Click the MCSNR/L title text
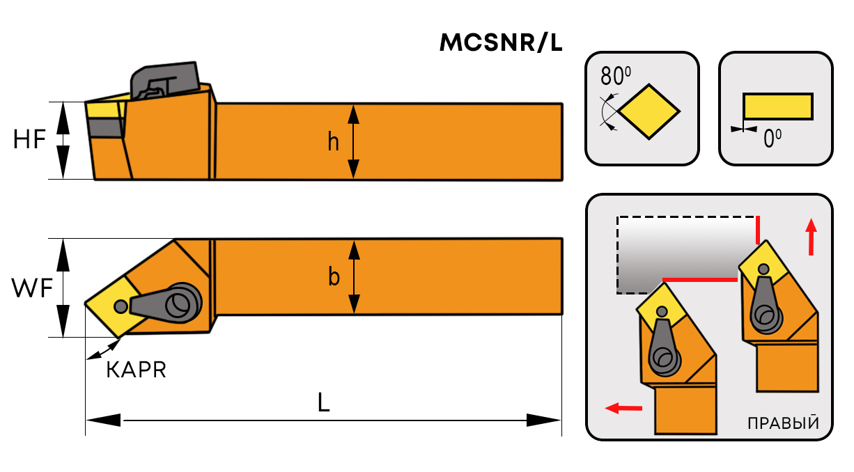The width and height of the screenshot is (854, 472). [500, 44]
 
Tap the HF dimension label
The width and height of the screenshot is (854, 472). [29, 141]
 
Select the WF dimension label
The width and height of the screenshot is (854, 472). [32, 288]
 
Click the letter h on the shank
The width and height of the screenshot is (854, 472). [334, 142]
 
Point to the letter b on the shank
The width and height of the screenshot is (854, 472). [334, 277]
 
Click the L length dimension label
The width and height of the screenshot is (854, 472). [323, 402]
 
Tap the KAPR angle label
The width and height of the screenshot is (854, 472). [136, 370]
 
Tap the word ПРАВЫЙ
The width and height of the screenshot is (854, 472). [782, 423]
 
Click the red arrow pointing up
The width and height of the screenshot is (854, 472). [810, 237]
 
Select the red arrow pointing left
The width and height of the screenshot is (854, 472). [623, 408]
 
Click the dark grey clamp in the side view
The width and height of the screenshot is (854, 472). [164, 81]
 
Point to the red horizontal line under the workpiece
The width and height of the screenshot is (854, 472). [699, 279]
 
